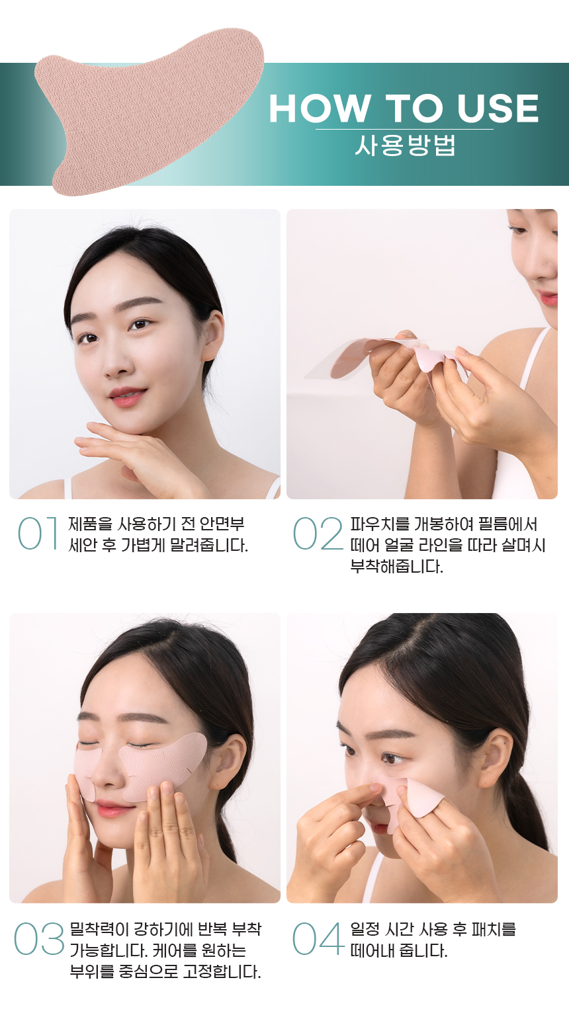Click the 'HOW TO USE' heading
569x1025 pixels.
pos(404,108)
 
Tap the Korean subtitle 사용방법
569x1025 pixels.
pos(405,145)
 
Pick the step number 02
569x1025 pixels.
pos(318,533)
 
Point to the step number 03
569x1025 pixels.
pos(38,939)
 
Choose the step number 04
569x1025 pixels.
pos(318,939)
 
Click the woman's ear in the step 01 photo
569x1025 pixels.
pos(213,331)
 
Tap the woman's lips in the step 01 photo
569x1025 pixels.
pos(127,397)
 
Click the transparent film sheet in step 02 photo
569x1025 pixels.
pos(331,360)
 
